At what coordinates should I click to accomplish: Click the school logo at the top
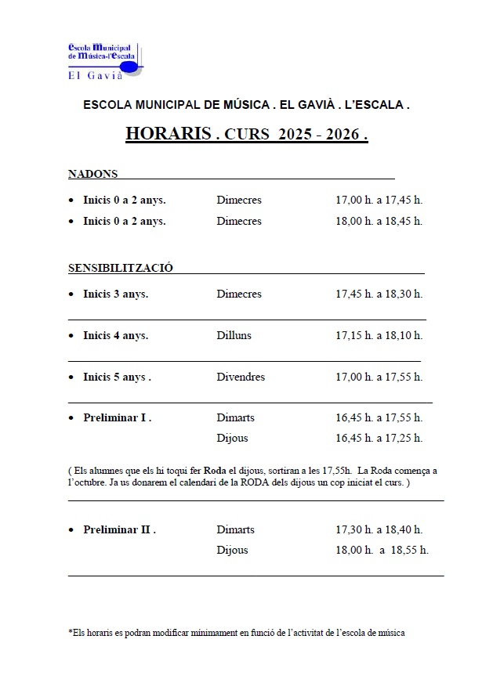(x=105, y=60)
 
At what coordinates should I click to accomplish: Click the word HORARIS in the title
(x=169, y=134)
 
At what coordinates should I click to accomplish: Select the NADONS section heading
(x=92, y=174)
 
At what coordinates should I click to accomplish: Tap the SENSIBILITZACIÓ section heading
(x=121, y=268)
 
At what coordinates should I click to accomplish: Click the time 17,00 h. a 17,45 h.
(x=379, y=200)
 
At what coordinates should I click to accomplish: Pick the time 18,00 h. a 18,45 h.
(x=379, y=222)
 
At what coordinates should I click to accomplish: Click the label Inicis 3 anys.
(x=115, y=294)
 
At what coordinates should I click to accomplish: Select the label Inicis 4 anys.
(x=115, y=336)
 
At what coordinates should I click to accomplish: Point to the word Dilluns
(x=235, y=336)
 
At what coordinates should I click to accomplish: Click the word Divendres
(x=241, y=377)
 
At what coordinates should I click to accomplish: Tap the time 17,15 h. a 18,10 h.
(x=379, y=336)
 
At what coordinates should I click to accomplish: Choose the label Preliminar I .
(x=117, y=418)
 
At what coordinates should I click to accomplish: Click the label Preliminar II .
(x=119, y=530)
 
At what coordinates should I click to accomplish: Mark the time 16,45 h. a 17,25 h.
(x=379, y=439)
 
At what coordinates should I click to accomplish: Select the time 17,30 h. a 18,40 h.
(x=379, y=530)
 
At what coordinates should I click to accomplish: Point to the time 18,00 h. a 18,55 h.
(x=382, y=551)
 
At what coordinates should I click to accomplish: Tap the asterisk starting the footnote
(x=71, y=632)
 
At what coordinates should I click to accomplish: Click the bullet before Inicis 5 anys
(x=71, y=377)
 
